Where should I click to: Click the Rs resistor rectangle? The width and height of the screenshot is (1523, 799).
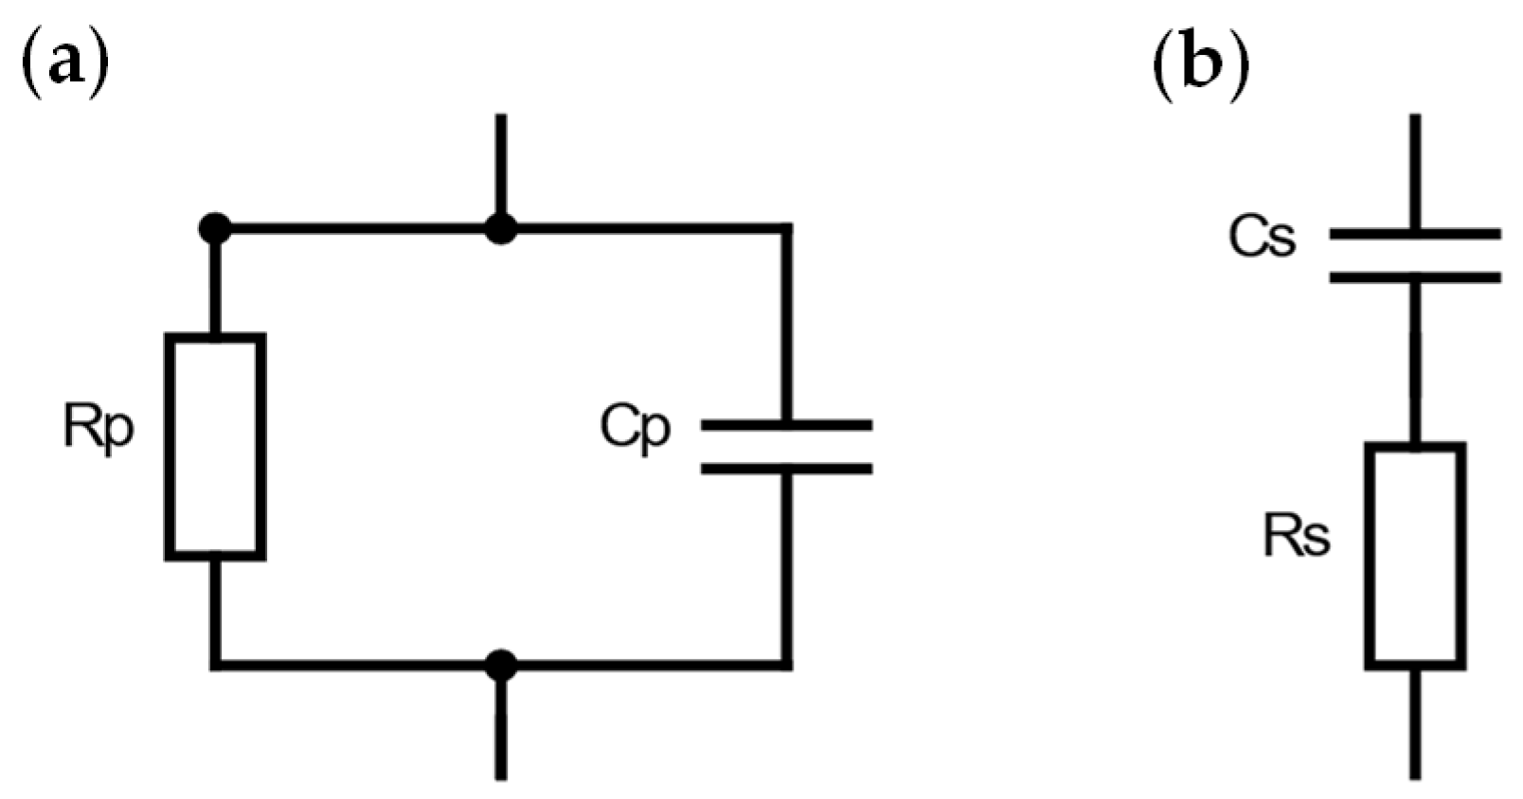pyautogui.click(x=1415, y=557)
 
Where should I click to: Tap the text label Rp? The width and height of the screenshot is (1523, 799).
pyautogui.click(x=99, y=428)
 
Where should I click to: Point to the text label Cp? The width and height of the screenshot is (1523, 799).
pyautogui.click(x=636, y=428)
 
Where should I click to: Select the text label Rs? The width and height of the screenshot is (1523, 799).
pyautogui.click(x=1297, y=537)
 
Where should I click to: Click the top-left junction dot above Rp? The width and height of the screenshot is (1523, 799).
pyautogui.click(x=216, y=228)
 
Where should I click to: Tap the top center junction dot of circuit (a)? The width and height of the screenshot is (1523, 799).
pyautogui.click(x=500, y=228)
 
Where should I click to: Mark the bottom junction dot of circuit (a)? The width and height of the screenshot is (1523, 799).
pyautogui.click(x=500, y=665)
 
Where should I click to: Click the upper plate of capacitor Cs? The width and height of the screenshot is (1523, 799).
pyautogui.click(x=1415, y=233)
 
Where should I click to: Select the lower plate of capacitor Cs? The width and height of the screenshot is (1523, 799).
pyautogui.click(x=1415, y=277)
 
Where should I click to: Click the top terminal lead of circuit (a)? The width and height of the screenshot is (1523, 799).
pyautogui.click(x=500, y=166)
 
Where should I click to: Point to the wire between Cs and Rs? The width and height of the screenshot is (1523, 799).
pyautogui.click(x=1415, y=360)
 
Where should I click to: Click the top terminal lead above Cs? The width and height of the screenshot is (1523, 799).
pyautogui.click(x=1415, y=170)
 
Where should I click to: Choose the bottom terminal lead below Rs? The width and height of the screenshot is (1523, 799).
pyautogui.click(x=1415, y=724)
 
